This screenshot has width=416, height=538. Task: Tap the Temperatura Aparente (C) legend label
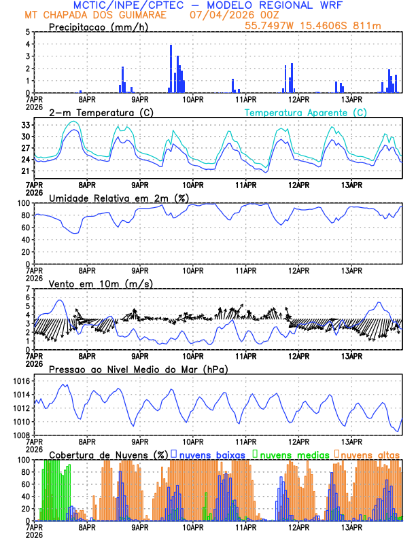(x=305, y=112)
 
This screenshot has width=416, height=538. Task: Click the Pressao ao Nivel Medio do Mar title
(x=138, y=369)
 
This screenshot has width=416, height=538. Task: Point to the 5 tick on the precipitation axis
(x=28, y=32)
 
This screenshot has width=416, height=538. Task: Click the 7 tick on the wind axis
(x=28, y=289)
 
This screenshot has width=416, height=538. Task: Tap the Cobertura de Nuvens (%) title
(x=109, y=454)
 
